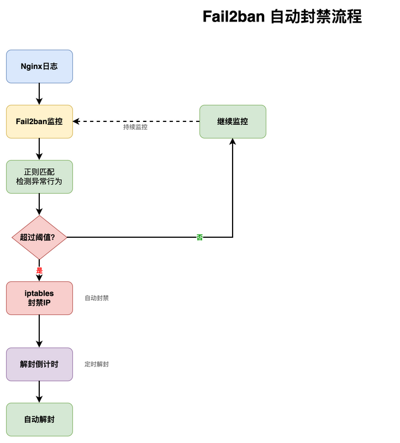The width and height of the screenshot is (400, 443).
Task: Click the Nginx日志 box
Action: (39, 66)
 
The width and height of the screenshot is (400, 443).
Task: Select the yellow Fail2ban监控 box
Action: (39, 121)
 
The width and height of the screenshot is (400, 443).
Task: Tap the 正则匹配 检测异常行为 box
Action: (39, 177)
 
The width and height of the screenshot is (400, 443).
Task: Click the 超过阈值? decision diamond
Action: (39, 237)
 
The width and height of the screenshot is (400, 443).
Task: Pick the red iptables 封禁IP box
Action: (39, 298)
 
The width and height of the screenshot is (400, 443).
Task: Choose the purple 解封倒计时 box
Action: (39, 364)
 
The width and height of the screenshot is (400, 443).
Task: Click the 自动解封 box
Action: (39, 419)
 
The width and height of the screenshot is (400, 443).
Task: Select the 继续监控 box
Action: (233, 121)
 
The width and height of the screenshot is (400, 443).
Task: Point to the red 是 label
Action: (39, 270)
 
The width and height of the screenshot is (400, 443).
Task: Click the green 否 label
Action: (199, 237)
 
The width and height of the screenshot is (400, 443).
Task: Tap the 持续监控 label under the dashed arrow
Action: (135, 127)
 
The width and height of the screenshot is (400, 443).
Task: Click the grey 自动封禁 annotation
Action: (97, 298)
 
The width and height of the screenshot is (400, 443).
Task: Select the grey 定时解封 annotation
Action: (97, 364)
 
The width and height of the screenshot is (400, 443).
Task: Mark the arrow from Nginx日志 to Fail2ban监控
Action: (39, 94)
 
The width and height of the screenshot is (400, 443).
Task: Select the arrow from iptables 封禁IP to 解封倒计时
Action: (39, 331)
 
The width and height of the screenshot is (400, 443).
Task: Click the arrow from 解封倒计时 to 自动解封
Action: (39, 392)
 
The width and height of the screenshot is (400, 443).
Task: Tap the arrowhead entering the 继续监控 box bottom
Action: (233, 142)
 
